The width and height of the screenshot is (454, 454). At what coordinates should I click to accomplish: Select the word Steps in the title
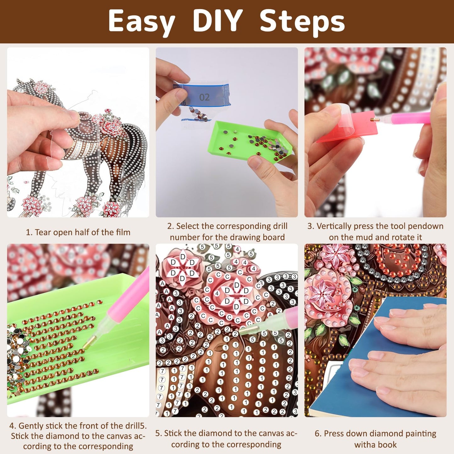point(302,23)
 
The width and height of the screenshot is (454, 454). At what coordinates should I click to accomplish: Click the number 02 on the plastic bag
point(204,97)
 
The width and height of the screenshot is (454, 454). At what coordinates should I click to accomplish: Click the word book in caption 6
point(387,444)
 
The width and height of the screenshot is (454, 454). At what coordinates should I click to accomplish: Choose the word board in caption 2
point(274,237)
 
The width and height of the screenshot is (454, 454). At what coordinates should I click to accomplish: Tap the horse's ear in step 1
point(19,82)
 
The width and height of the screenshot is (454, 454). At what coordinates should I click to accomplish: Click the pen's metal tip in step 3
point(375,120)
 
